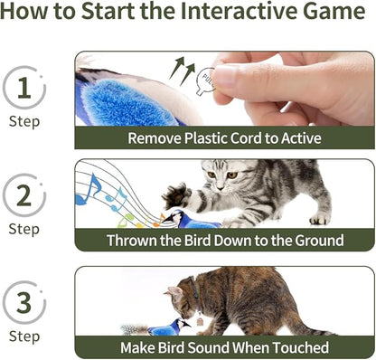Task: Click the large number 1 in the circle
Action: tap(24, 90)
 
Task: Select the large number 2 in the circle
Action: tap(24, 194)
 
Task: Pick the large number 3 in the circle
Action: tap(24, 301)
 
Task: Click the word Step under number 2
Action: tap(24, 229)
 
